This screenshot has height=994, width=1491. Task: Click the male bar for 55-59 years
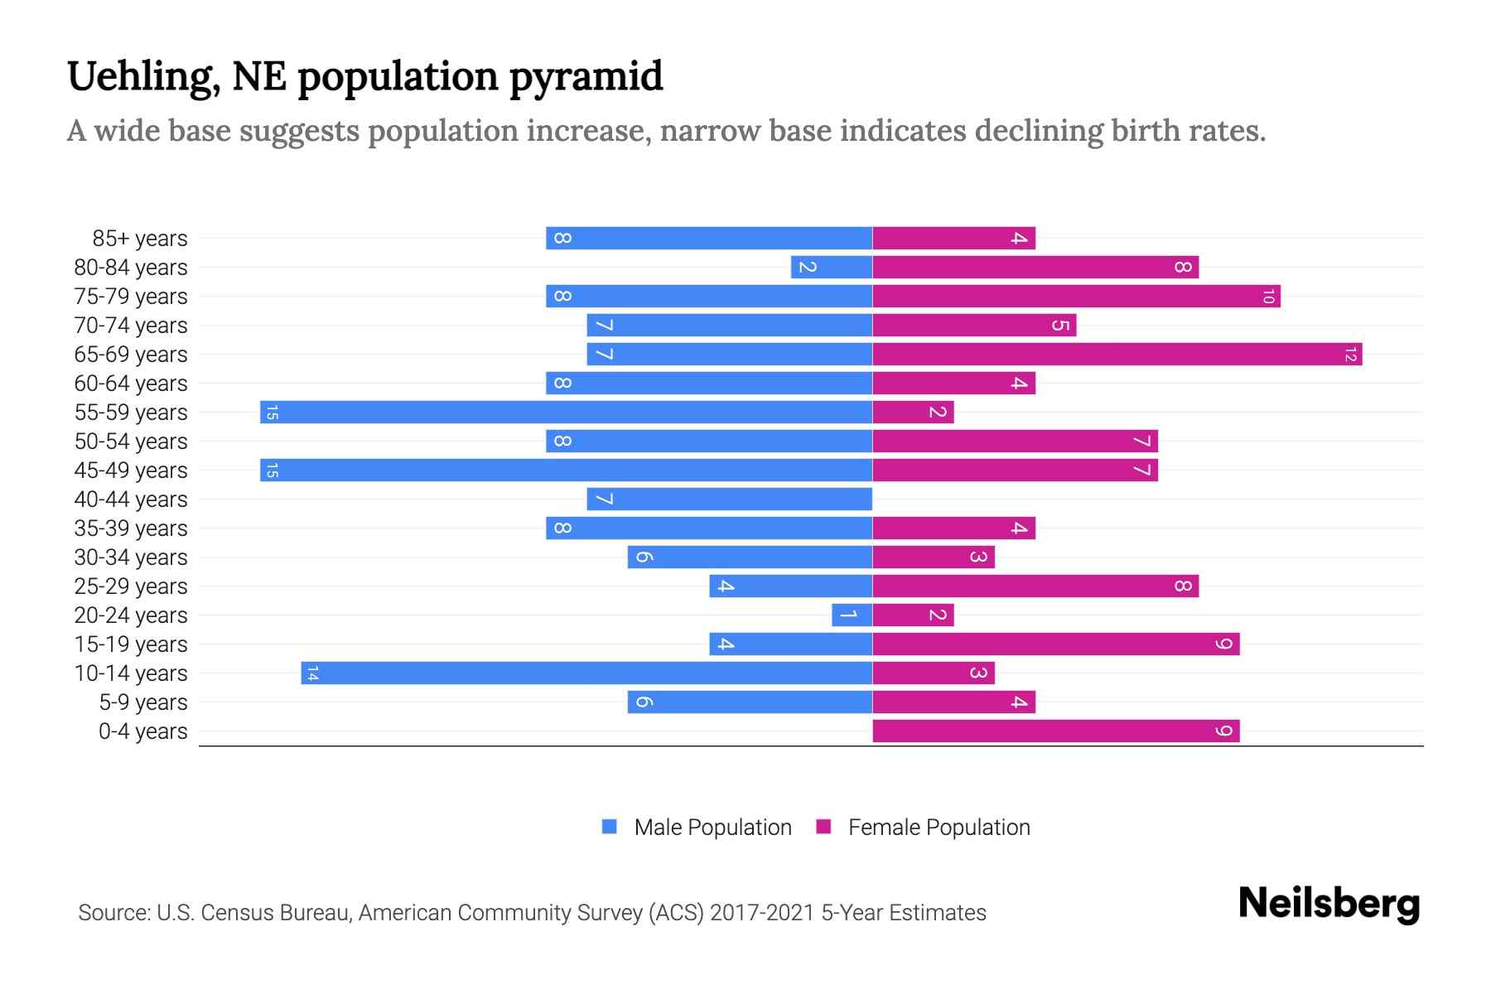566,412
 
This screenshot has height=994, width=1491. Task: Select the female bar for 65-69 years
1117,355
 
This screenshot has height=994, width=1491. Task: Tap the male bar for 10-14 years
586,673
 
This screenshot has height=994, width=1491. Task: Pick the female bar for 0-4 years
1056,731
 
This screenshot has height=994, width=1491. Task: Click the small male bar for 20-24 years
852,615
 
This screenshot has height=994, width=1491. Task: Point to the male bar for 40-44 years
729,499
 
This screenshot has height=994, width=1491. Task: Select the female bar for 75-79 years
1076,296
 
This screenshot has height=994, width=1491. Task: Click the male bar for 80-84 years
832,267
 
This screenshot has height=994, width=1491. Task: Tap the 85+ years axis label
140,239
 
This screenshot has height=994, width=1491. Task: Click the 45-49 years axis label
131,470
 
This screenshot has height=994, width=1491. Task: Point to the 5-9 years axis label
143,702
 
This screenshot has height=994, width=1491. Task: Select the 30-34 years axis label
131,557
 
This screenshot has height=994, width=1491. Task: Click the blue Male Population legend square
610,827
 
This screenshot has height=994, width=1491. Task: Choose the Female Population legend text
939,828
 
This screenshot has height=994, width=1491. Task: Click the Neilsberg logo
1329,903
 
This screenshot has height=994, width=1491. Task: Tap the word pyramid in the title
586,77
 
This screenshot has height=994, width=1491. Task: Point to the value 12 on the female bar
1350,355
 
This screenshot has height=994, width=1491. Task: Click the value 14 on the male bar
312,673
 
